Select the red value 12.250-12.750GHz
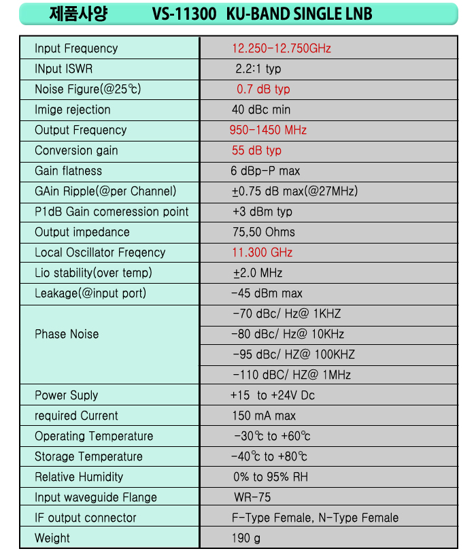[x=282, y=48]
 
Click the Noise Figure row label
[x=88, y=89]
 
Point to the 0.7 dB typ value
[x=263, y=89]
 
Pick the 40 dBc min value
[x=261, y=110]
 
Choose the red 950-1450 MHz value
[x=268, y=130]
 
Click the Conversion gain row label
[x=76, y=150]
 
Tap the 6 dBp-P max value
[x=265, y=171]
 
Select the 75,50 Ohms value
[x=264, y=232]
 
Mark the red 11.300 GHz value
[x=262, y=252]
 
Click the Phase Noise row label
[x=67, y=334]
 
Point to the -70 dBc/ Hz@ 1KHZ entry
[x=286, y=314]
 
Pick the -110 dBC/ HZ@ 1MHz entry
[x=292, y=375]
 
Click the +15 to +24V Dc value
[x=273, y=395]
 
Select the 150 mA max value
[x=264, y=416]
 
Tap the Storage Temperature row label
[x=88, y=456]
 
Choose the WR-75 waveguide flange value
[x=252, y=497]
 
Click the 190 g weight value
[x=246, y=538]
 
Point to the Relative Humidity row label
[x=79, y=477]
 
